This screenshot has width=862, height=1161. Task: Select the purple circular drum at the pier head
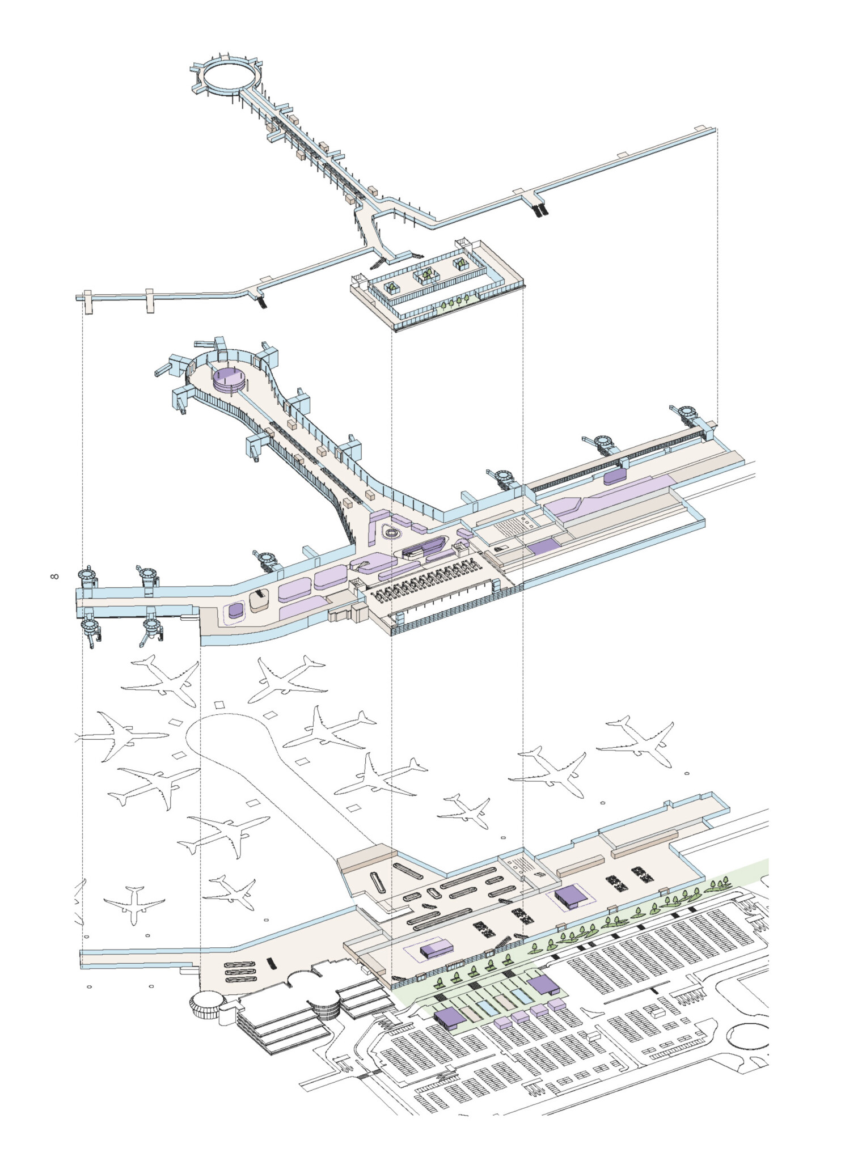pyautogui.click(x=230, y=378)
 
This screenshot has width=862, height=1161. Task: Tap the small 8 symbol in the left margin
pyautogui.click(x=54, y=577)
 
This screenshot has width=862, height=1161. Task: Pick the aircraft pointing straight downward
pyautogui.click(x=134, y=905)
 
